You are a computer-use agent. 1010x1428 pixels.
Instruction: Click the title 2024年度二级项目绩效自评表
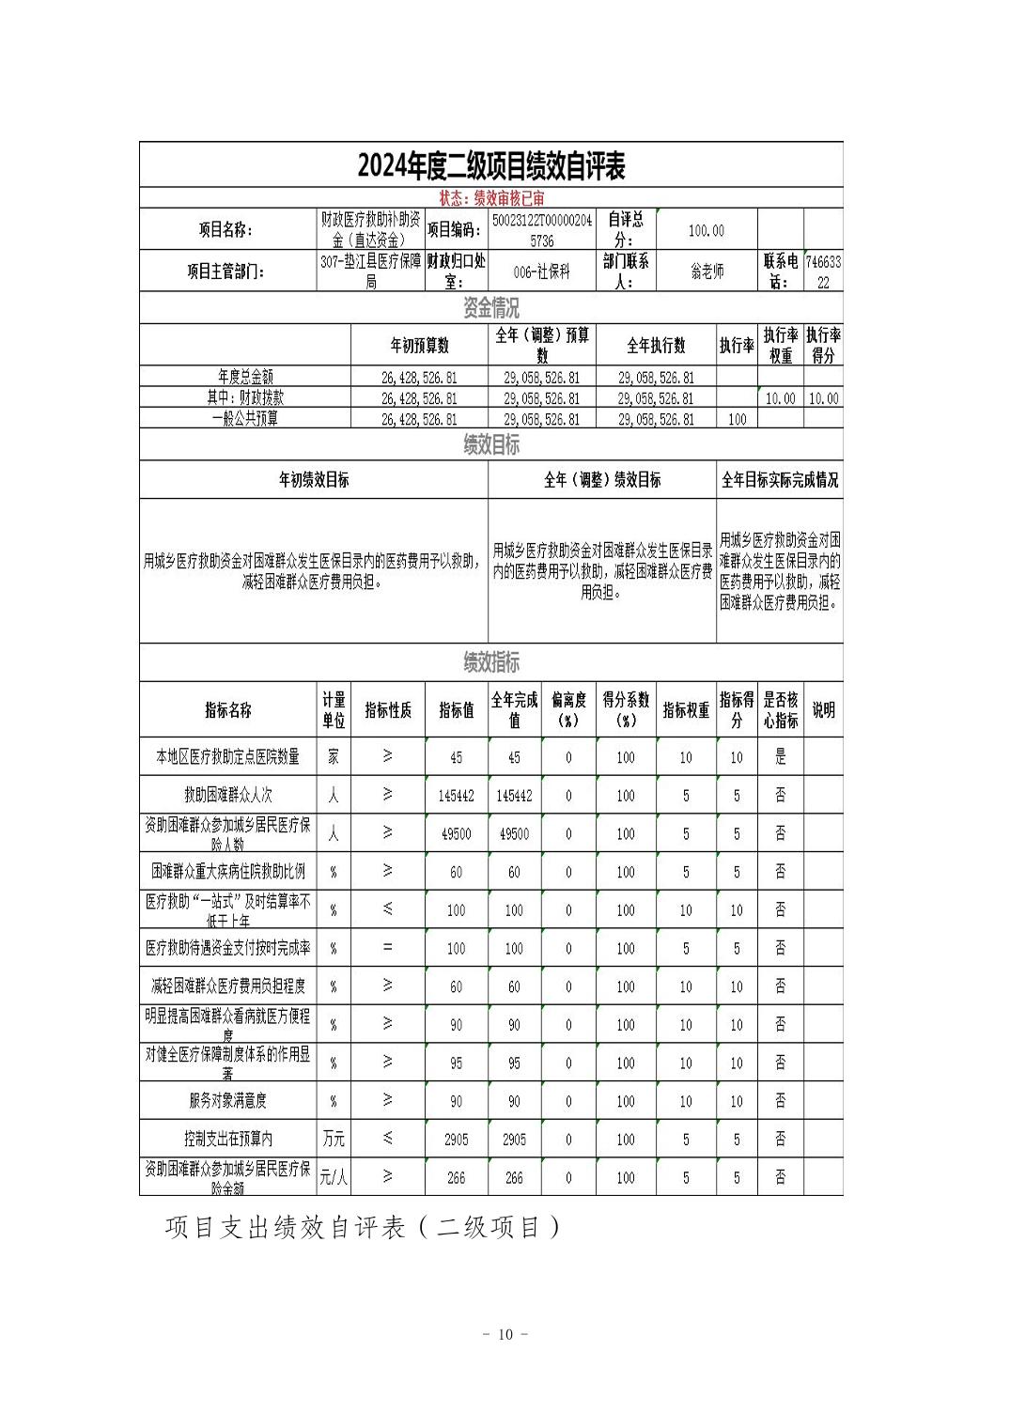pos(490,166)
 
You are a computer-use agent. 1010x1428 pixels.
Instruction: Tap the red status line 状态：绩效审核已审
pos(490,198)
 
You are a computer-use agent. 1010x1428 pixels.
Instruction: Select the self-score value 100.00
pos(707,230)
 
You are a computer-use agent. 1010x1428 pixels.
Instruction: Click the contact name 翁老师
pos(707,272)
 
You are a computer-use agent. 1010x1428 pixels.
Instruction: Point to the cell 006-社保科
pos(541,272)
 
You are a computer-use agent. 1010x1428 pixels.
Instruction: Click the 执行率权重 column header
pos(779,345)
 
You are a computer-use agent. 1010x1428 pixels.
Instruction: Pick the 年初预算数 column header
pos(419,345)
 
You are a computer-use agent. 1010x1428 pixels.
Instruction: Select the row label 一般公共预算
pos(244,419)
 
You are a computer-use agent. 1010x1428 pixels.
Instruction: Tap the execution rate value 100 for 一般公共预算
pos(737,419)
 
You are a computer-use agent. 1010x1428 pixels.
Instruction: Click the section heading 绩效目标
pos(490,444)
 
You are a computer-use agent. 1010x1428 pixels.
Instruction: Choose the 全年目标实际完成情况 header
pos(779,480)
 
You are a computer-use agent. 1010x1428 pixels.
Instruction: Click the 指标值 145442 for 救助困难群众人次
pos(456,796)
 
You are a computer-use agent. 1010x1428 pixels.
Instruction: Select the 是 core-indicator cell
pos(780,757)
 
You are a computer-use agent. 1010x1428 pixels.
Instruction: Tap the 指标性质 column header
pos(387,710)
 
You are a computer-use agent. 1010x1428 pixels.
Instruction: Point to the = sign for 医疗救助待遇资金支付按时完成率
pos(387,948)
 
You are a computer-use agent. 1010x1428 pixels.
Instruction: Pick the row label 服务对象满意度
pos(227,1100)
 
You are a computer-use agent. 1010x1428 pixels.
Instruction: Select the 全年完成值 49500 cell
pos(514,833)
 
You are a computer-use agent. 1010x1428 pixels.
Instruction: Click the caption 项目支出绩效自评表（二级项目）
pos(363,1228)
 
